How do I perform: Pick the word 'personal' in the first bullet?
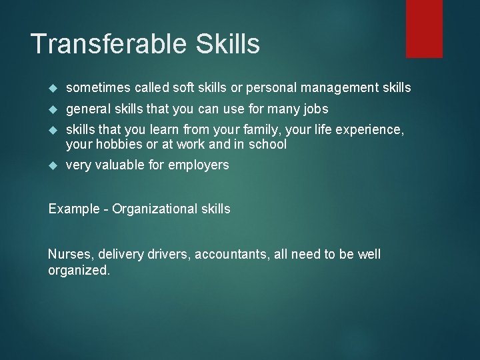(273, 87)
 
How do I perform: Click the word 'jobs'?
(313, 109)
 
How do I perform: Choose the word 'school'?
(268, 144)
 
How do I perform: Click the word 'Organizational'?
(155, 209)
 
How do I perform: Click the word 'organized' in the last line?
(77, 271)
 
